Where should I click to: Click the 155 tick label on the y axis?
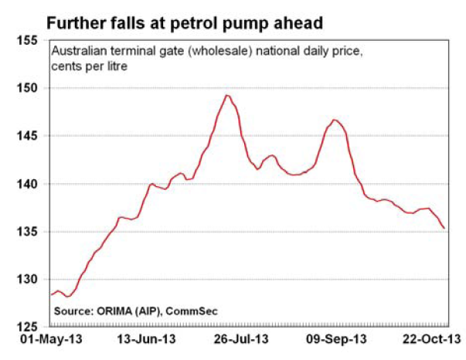[27, 40]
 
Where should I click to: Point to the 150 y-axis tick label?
[27, 88]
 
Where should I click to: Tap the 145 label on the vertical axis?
[27, 136]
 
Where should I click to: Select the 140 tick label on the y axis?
[27, 184]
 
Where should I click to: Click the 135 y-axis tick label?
[27, 232]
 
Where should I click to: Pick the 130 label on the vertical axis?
[27, 279]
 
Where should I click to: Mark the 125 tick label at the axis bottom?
[27, 327]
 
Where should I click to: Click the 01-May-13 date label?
[51, 339]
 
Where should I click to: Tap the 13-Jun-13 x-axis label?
[147, 339]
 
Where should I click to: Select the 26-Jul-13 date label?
[241, 339]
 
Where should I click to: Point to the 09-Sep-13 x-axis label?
[336, 339]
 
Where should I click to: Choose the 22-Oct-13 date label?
[432, 339]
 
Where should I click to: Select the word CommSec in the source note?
[192, 311]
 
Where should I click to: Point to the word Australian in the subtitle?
[79, 51]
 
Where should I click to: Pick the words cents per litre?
[89, 66]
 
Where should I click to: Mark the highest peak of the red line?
[227, 95]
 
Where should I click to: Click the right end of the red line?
[444, 228]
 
